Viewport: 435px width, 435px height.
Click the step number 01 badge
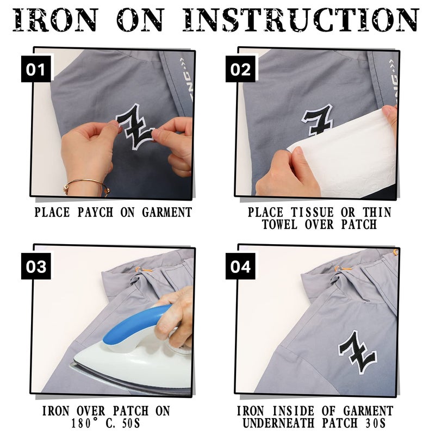(x=36, y=69)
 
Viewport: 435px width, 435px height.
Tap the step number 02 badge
(x=240, y=69)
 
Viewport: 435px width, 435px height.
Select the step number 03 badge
(x=36, y=266)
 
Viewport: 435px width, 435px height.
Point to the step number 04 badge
(x=240, y=266)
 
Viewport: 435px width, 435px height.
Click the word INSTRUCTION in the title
(x=301, y=20)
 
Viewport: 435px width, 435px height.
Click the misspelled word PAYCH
(x=96, y=213)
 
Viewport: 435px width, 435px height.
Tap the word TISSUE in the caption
(x=312, y=213)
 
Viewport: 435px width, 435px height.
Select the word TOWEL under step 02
(x=279, y=225)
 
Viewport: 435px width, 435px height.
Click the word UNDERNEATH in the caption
(x=278, y=424)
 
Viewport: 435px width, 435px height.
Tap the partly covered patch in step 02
(x=317, y=120)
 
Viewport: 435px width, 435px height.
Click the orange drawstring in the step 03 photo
(x=144, y=269)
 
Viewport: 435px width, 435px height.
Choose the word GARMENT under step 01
(x=167, y=213)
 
